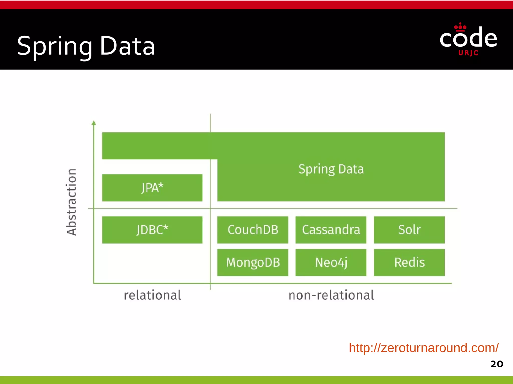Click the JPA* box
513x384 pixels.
(152, 188)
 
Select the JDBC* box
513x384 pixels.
(152, 230)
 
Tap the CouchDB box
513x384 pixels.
(252, 230)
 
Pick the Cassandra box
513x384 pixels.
(331, 230)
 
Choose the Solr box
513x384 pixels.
(409, 230)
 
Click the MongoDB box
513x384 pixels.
(252, 262)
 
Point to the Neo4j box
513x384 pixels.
(331, 262)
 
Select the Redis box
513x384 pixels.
(409, 262)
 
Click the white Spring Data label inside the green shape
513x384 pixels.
(331, 169)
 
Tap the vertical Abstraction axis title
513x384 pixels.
(72, 202)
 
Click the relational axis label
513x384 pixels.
(152, 295)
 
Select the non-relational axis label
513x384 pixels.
(331, 295)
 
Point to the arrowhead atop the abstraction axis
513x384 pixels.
(94, 123)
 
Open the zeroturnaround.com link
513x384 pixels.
(424, 348)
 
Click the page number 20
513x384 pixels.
(496, 364)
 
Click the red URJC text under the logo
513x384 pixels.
(468, 53)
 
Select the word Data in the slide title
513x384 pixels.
(127, 46)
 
